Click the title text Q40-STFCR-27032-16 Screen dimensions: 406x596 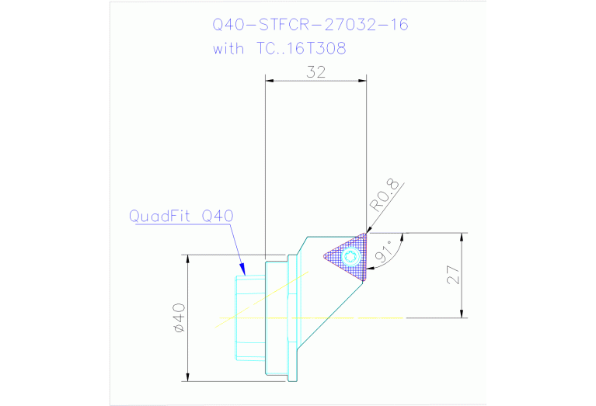click(x=311, y=25)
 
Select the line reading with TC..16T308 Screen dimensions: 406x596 click(x=280, y=48)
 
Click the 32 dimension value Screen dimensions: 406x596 click(x=315, y=71)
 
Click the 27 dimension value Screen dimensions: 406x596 click(x=455, y=275)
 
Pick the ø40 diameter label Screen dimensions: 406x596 click(x=179, y=318)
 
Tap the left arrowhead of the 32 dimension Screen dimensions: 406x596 click(x=270, y=78)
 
